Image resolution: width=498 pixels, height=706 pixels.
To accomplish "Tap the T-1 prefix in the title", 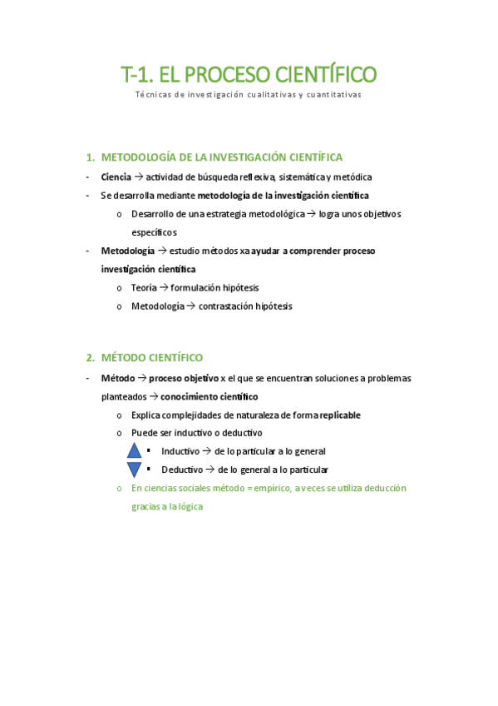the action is (137, 75).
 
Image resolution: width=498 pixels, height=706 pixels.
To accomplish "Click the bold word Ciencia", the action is (116, 176).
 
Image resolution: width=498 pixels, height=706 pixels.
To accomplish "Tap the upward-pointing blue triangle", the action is (135, 451).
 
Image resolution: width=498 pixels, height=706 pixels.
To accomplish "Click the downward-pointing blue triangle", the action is (135, 470).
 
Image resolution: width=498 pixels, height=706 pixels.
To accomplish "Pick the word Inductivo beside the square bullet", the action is (180, 451).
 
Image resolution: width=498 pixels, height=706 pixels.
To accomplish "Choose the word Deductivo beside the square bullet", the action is (182, 470).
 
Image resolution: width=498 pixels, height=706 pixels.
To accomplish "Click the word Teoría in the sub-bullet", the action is (144, 287).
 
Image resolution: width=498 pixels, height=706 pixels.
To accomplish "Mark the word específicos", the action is (154, 232).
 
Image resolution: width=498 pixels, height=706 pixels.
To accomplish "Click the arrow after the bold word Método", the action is (142, 378).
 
